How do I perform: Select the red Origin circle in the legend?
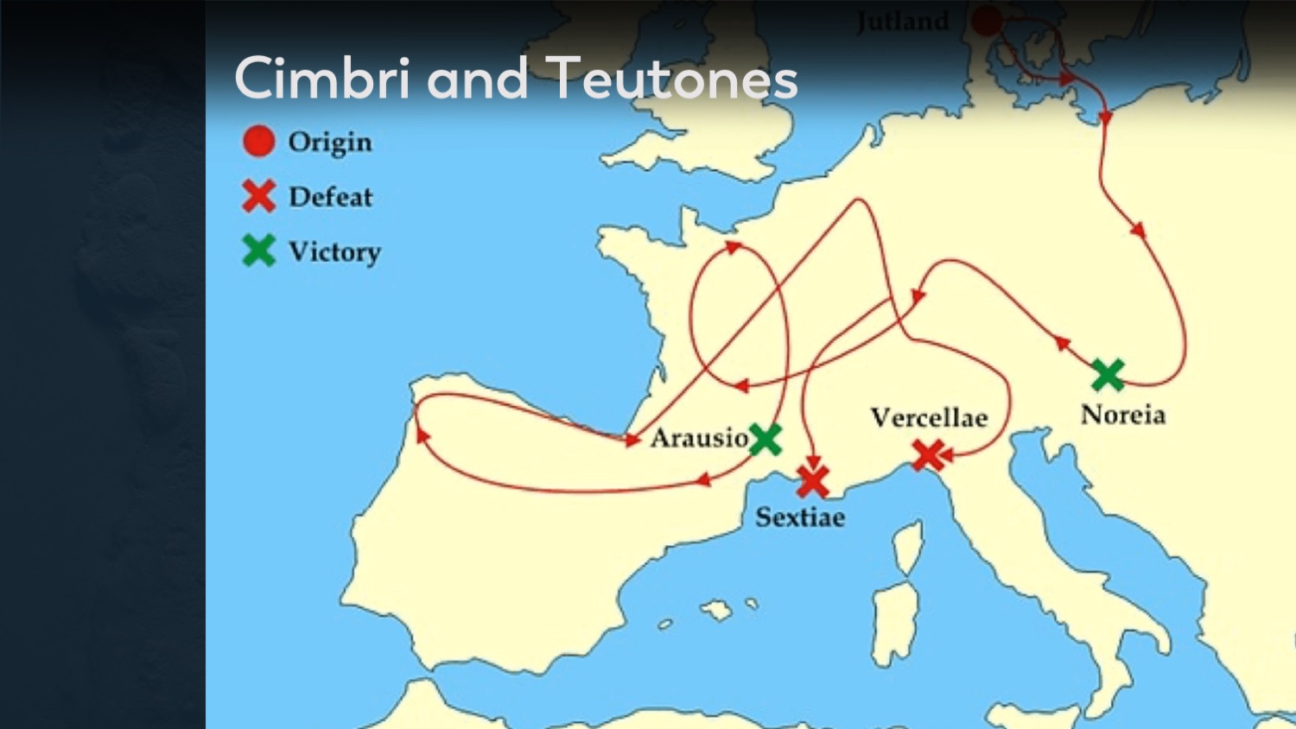(258, 141)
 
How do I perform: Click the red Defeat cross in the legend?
(258, 196)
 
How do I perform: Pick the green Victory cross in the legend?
(258, 250)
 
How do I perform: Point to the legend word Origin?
(330, 142)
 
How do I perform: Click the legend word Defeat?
(331, 197)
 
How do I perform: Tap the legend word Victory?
(334, 252)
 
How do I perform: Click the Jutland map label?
(903, 22)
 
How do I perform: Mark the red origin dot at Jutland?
(987, 20)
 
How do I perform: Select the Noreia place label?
(1122, 415)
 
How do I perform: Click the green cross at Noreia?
(1108, 375)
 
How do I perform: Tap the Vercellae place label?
(929, 418)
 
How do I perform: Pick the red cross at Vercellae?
(929, 454)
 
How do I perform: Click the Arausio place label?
(699, 438)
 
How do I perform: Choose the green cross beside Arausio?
(765, 440)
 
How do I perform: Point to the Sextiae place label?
(800, 517)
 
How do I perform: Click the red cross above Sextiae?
(812, 481)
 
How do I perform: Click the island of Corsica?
(908, 547)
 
